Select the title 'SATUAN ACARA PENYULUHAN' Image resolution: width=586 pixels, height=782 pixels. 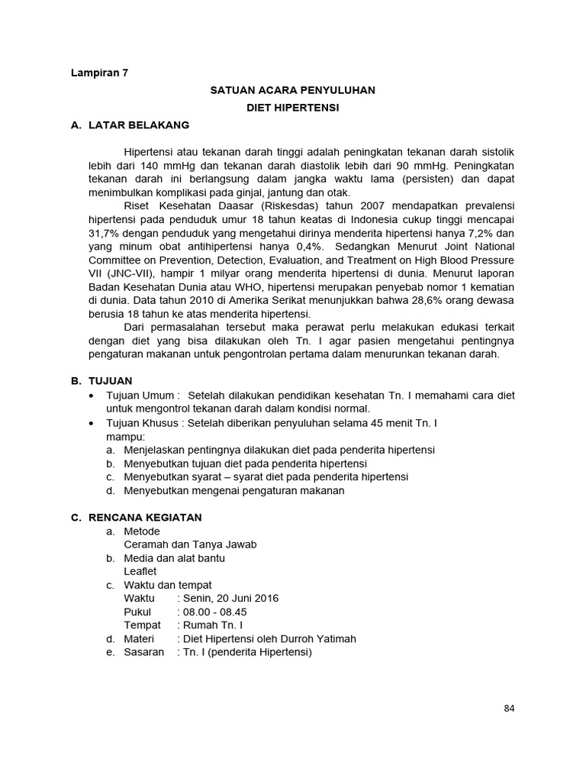[x=292, y=90]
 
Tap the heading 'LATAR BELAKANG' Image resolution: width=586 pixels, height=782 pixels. [x=139, y=124]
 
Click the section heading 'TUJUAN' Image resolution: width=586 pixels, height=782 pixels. [x=111, y=380]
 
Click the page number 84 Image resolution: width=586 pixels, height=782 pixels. [x=510, y=708]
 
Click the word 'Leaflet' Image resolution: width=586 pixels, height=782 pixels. [x=140, y=570]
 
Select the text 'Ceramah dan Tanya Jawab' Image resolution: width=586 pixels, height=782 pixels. [x=190, y=544]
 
